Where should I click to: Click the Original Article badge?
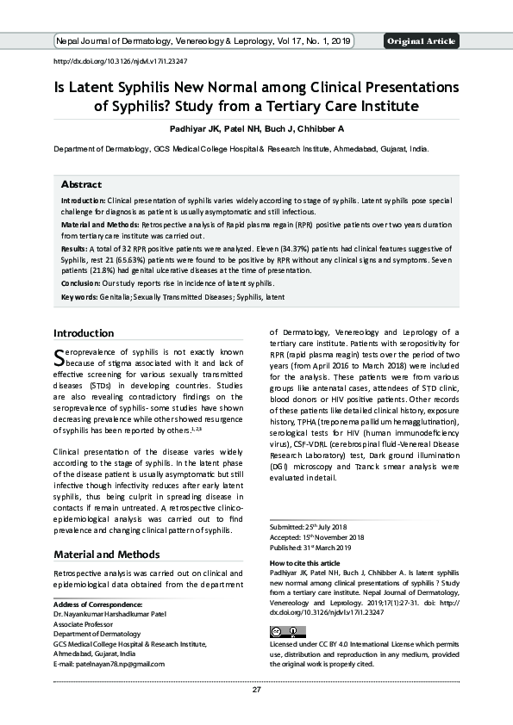[422, 41]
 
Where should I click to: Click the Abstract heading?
[81, 184]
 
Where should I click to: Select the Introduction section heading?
[84, 333]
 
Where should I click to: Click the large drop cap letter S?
[59, 356]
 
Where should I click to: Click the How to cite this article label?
[305, 562]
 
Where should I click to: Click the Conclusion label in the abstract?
[80, 282]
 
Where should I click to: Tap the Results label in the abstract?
[74, 248]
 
